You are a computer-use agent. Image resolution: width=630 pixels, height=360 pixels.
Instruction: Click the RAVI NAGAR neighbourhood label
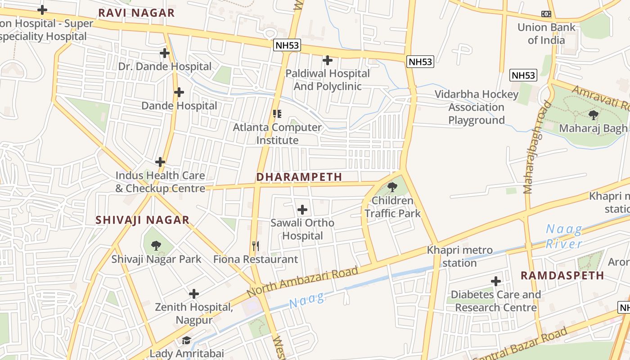coord(136,13)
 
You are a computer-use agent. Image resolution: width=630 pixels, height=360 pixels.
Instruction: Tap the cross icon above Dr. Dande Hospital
coord(165,53)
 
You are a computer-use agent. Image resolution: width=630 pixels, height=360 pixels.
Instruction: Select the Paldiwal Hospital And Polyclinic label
coord(328,80)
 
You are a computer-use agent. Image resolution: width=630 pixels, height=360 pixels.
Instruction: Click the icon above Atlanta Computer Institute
coord(277,114)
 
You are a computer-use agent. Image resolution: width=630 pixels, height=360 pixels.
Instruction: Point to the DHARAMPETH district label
coord(299,177)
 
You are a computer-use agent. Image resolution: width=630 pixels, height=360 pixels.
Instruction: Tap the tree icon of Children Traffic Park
coord(392,187)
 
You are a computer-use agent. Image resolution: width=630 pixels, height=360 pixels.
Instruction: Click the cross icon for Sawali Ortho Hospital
coord(302,209)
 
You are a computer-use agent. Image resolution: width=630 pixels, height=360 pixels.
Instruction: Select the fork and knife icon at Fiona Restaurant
coord(256,246)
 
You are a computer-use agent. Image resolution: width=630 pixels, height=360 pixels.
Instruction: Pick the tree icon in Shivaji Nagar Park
coord(156,245)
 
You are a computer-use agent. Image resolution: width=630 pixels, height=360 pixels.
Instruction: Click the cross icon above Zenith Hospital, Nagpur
coord(194,294)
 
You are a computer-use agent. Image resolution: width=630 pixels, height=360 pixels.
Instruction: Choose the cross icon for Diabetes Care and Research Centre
coord(496,281)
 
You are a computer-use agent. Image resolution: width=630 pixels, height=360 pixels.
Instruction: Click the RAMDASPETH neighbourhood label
coord(562,275)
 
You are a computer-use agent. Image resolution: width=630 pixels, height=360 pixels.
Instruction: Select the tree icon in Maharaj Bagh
coord(593,115)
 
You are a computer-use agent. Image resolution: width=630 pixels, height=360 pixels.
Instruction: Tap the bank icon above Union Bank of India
coord(546,14)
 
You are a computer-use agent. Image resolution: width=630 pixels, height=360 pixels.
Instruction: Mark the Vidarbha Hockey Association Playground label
coord(477,107)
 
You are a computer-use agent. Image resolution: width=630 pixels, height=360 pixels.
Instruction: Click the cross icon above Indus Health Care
coord(160,162)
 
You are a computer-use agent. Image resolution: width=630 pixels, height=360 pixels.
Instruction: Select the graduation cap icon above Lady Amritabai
coord(186,340)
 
